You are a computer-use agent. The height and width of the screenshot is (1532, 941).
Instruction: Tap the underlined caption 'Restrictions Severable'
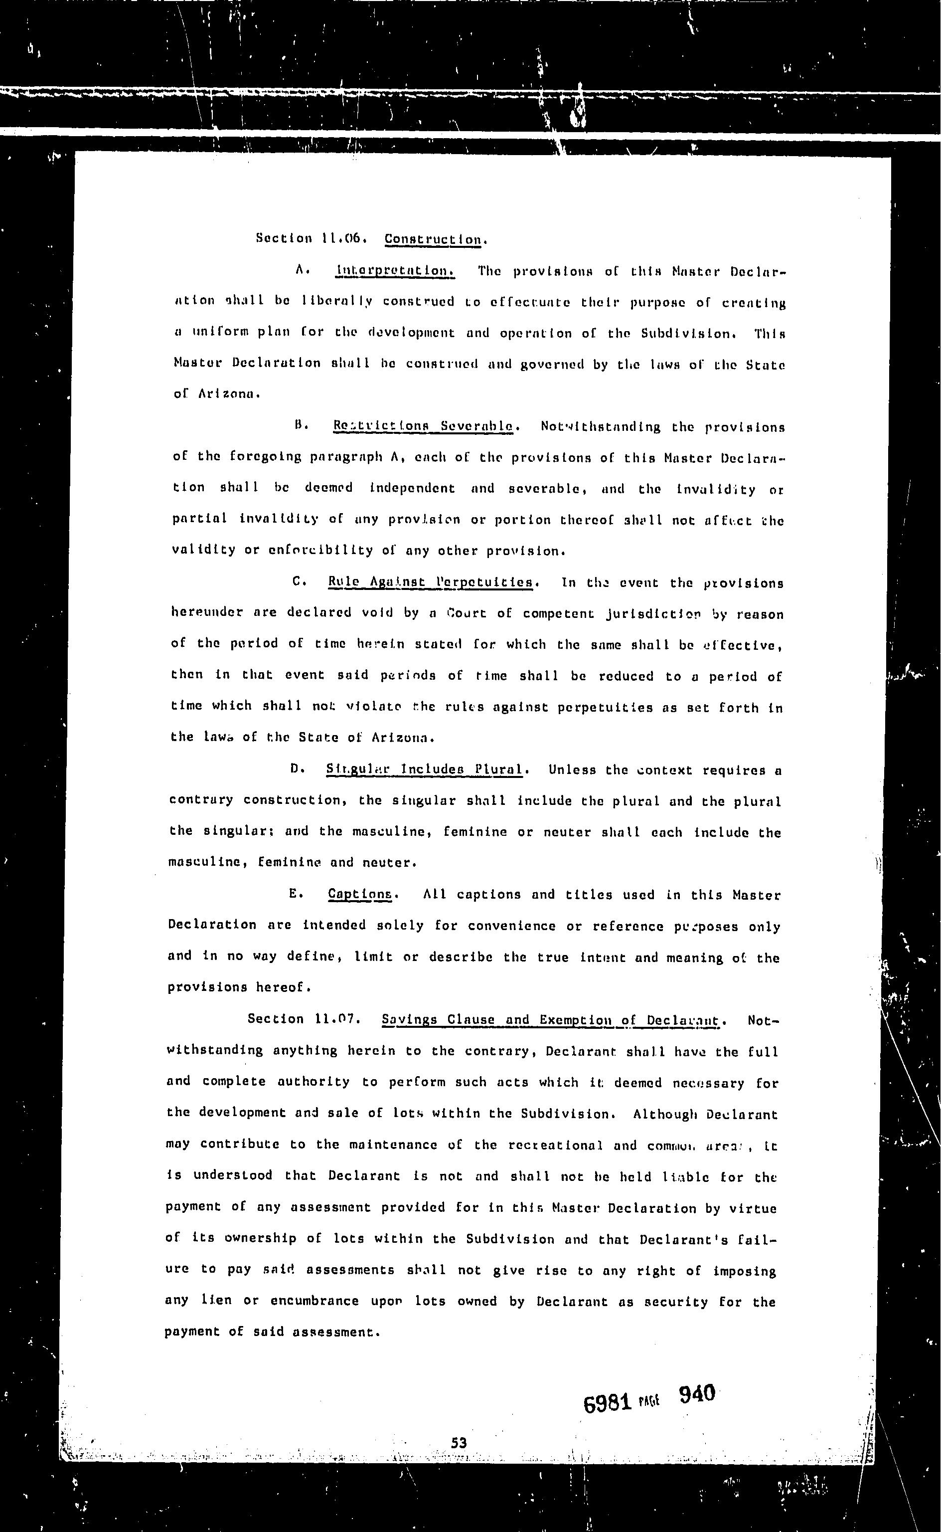tap(424, 426)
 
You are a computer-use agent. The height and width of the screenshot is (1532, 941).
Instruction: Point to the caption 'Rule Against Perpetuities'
tap(431, 582)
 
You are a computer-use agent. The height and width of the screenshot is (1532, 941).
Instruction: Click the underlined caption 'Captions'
tap(360, 895)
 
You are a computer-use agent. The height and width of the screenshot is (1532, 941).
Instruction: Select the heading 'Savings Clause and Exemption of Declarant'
tap(550, 1020)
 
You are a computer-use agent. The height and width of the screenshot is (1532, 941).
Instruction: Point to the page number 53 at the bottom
tap(459, 1443)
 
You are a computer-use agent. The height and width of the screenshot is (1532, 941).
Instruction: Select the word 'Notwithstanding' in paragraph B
tap(601, 427)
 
